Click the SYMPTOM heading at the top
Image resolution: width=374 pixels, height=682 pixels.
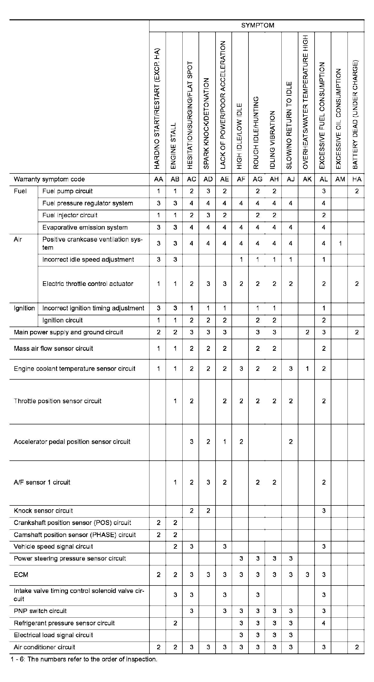[x=257, y=25]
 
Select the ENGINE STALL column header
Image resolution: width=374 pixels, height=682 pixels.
[x=173, y=146]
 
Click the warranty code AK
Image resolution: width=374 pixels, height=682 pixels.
[x=307, y=179]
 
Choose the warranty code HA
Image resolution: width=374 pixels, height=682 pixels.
[x=357, y=179]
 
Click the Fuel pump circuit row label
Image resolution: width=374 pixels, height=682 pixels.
[x=67, y=191]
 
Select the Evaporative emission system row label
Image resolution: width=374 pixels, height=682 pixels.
[x=85, y=228]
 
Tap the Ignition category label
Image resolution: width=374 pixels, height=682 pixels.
[x=24, y=308]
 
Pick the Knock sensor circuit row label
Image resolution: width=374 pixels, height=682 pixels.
[x=43, y=511]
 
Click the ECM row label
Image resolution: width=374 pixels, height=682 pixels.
[x=21, y=574]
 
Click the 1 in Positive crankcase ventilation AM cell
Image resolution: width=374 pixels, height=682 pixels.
[x=340, y=243]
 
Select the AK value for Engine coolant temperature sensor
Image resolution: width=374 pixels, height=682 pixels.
[x=307, y=369]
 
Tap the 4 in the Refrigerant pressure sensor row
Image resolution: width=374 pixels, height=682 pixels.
[x=323, y=623]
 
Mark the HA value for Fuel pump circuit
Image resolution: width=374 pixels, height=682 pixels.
[x=357, y=191]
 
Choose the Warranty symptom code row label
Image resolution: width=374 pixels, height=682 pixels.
[x=49, y=179]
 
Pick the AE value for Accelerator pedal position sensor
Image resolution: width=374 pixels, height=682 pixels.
[x=225, y=442]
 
